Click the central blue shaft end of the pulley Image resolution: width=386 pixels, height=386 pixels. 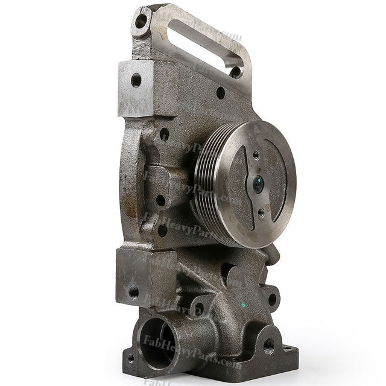pos(258,185)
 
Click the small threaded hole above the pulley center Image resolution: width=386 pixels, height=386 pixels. pos(256,156)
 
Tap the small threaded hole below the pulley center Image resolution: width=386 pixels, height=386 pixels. pos(261,212)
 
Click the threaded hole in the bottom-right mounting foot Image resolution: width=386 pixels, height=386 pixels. pos(269,346)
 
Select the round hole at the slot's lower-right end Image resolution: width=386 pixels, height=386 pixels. pos(236,72)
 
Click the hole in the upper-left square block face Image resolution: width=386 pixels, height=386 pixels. pos(136,79)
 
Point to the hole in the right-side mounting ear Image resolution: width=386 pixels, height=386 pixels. pos(272,298)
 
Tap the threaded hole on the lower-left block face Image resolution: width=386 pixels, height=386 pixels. pos(133,293)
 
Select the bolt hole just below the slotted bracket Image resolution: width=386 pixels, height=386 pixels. pos(221,93)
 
